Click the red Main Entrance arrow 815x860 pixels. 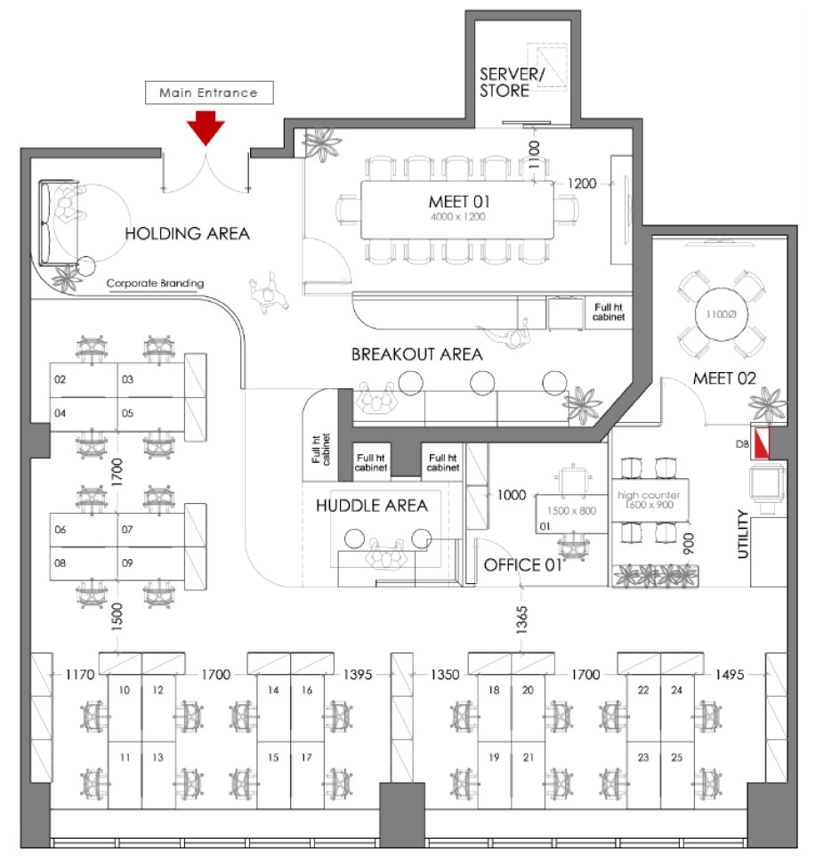[206, 127]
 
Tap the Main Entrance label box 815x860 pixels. [209, 93]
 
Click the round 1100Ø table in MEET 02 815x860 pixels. [721, 314]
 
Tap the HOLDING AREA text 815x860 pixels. [188, 233]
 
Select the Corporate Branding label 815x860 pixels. [155, 283]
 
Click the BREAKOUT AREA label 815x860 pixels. [417, 354]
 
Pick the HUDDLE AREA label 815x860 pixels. [372, 505]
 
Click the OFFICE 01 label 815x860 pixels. [523, 565]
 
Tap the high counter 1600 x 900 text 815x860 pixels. [649, 499]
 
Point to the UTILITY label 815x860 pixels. [743, 533]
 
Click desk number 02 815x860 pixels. [60, 379]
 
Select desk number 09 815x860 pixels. [127, 563]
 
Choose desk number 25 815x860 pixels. [677, 758]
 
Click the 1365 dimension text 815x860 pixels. [521, 620]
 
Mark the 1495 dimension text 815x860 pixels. [730, 674]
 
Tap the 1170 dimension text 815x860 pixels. [80, 674]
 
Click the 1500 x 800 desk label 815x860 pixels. [571, 511]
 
